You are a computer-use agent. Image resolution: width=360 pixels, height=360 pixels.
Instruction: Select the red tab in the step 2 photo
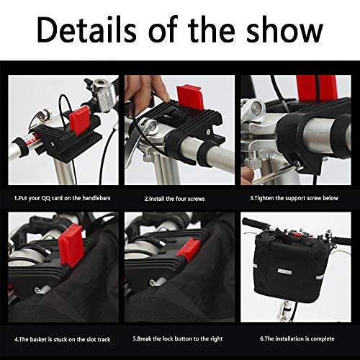[190, 97]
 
